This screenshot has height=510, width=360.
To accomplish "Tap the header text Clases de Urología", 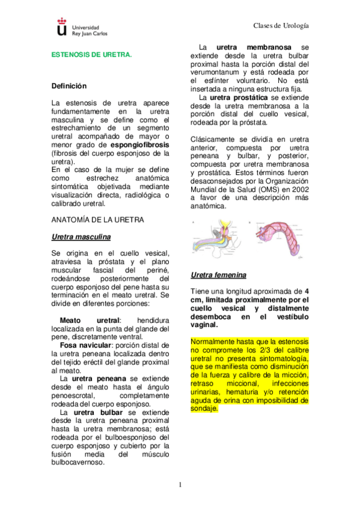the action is pyautogui.click(x=281, y=26).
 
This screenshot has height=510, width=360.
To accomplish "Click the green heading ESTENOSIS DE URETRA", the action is pyautogui.click(x=91, y=54).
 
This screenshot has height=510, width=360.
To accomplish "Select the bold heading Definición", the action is pyautogui.click(x=69, y=87).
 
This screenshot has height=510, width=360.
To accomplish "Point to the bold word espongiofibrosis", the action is pyautogui.click(x=140, y=145).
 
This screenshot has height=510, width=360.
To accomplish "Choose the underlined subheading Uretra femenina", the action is pyautogui.click(x=218, y=275).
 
